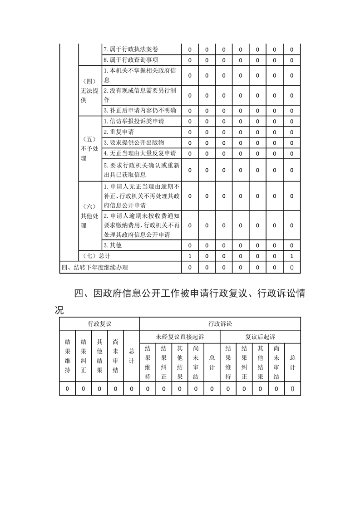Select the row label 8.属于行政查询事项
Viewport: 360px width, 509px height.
pyautogui.click(x=131, y=60)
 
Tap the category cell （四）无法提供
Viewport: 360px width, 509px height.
pyautogui.click(x=89, y=91)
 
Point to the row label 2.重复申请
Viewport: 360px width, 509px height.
pyautogui.click(x=119, y=132)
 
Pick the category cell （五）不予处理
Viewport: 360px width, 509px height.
pyautogui.click(x=89, y=148)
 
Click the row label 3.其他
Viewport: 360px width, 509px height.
pyautogui.click(x=113, y=245)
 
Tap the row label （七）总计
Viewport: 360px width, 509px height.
pyautogui.click(x=98, y=256)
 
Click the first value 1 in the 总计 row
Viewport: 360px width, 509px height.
pyautogui.click(x=190, y=256)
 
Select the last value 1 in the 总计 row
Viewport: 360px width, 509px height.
pyautogui.click(x=292, y=256)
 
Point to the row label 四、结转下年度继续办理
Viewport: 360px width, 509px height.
pyautogui.click(x=94, y=268)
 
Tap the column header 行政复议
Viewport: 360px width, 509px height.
pyautogui.click(x=99, y=324)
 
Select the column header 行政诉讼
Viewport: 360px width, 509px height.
pyautogui.click(x=220, y=324)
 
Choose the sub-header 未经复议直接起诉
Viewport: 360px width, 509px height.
pyautogui.click(x=180, y=337)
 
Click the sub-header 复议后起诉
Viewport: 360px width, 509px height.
pyautogui.click(x=260, y=337)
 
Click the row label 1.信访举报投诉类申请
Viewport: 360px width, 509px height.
pyautogui.click(x=134, y=122)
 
